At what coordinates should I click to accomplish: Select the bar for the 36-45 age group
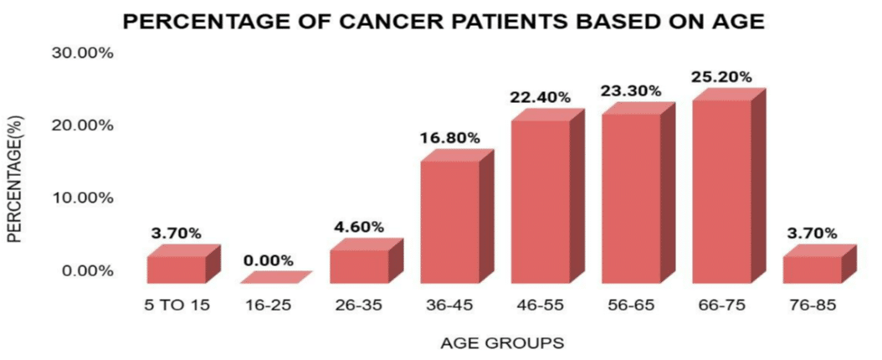click(x=449, y=222)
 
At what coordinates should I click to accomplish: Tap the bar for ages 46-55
click(x=540, y=203)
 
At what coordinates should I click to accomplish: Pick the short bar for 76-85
click(x=812, y=270)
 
